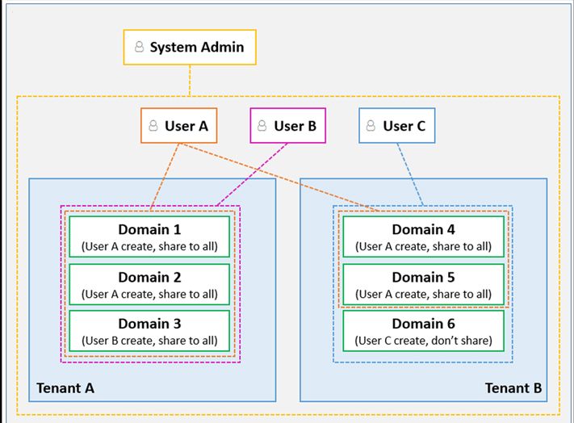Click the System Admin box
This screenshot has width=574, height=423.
190,48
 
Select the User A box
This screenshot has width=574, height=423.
178,126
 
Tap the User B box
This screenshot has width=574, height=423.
287,126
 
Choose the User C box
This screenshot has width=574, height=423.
396,126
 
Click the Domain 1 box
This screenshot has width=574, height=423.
149,237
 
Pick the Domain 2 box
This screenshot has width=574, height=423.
149,284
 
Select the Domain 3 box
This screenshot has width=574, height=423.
149,331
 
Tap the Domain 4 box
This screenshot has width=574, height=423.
423,237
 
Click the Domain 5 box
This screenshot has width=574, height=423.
423,284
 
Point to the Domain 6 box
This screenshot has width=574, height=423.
423,331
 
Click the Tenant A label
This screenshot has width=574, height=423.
65,388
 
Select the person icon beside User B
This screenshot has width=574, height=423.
263,127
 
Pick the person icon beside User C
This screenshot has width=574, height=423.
371,127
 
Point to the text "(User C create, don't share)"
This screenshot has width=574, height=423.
423,340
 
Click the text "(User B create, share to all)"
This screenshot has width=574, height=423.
149,340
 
